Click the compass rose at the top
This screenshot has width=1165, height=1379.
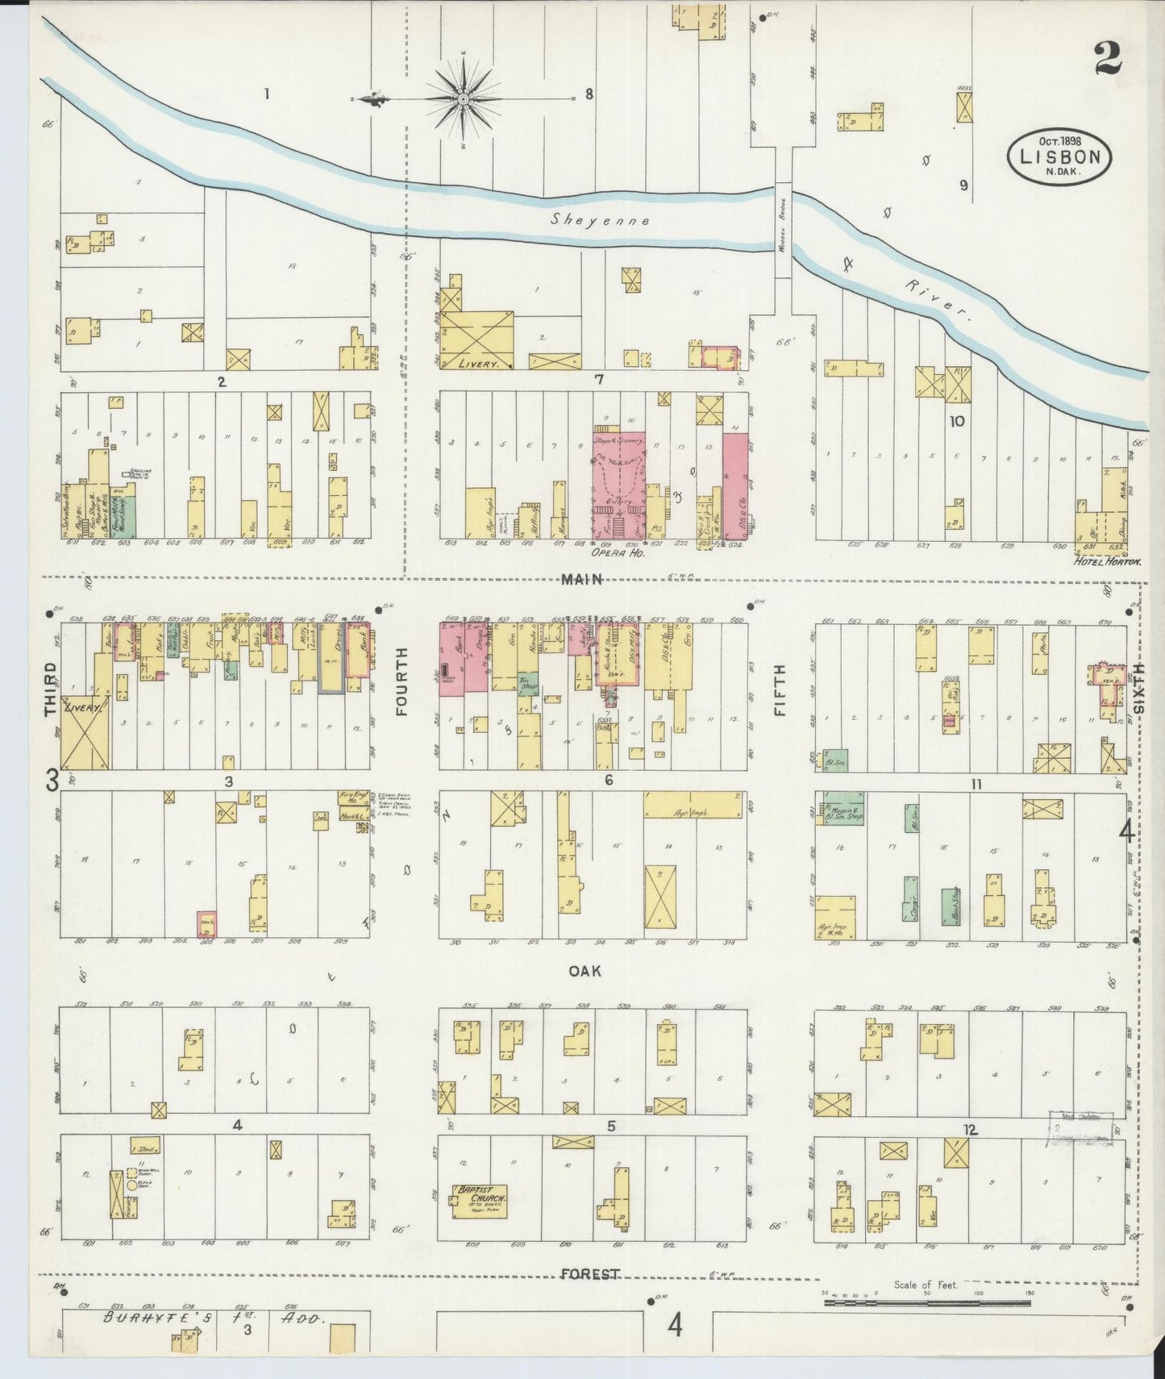tap(464, 99)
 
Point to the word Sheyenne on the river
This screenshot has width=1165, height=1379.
tap(601, 219)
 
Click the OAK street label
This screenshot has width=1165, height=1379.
tap(585, 972)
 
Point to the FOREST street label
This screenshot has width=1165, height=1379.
tap(592, 1274)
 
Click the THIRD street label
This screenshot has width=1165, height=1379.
tap(52, 689)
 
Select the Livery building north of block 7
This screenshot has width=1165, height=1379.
tap(478, 340)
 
